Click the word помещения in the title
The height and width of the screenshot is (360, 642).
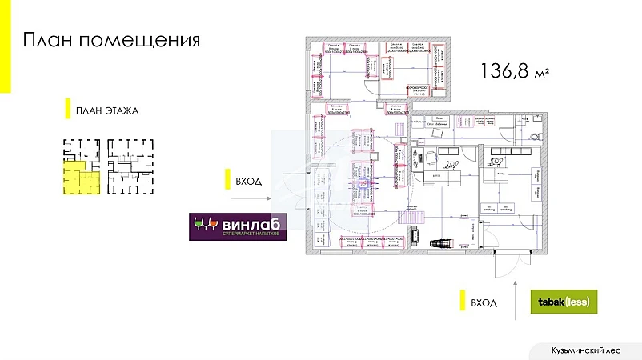coord(141,41)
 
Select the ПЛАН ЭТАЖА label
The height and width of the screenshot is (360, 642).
coord(107,110)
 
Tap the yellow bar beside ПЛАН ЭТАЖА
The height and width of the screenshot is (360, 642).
coord(67,110)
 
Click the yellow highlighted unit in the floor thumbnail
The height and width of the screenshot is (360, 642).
coord(75,178)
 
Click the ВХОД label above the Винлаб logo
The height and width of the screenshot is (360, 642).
coord(249,181)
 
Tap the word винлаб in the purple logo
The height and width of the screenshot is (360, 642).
coord(249,223)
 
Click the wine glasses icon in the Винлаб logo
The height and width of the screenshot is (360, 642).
coord(206,225)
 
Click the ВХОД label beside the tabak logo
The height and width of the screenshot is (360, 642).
coord(484,302)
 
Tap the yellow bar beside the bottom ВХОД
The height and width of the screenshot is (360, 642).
coord(462,302)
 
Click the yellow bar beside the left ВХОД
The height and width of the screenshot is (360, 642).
coord(227,181)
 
